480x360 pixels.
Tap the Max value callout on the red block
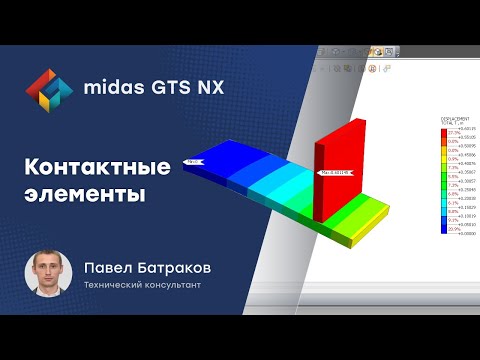(336, 172)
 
